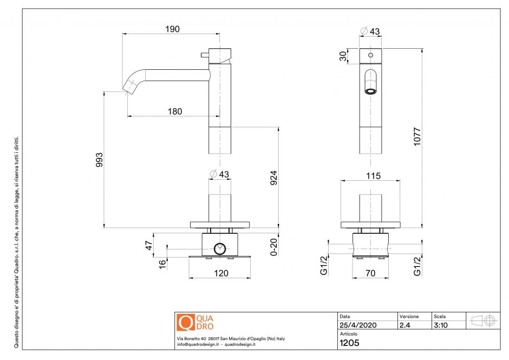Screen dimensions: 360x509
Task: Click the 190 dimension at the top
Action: click(172, 29)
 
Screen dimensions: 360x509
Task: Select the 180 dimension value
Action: click(174, 112)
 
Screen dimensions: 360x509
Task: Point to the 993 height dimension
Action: click(99, 160)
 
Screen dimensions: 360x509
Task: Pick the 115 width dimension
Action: click(373, 175)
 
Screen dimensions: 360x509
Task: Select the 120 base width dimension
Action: click(221, 273)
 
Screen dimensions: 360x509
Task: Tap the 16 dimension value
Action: click(162, 264)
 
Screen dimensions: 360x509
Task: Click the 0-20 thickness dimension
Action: click(274, 246)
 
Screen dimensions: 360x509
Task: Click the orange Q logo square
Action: click(186, 322)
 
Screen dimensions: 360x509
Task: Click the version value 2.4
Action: click(405, 325)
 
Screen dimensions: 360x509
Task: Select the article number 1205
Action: click(349, 342)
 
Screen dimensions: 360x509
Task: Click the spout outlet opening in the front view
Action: click(370, 90)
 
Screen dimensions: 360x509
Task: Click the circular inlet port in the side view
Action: click(219, 249)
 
